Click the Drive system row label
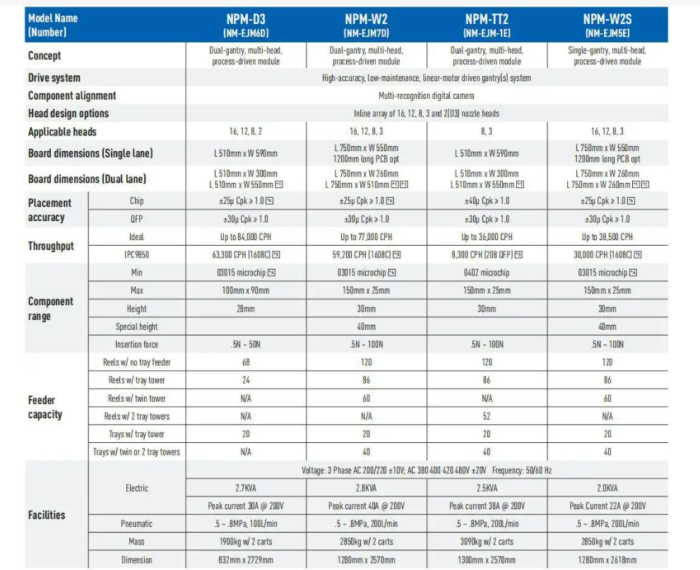[54, 78]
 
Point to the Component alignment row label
[72, 95]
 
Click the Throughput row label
[51, 246]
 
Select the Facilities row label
[47, 515]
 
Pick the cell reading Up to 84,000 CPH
[246, 237]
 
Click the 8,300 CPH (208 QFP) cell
[487, 255]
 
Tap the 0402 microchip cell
[487, 273]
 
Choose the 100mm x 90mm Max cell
[246, 290]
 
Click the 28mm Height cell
[246, 309]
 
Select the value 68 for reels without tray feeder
[246, 362]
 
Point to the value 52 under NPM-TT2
[487, 416]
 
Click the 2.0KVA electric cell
[607, 488]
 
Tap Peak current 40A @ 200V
[367, 506]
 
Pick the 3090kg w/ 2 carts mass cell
[487, 542]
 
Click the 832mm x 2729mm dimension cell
[246, 560]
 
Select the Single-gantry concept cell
[607, 55]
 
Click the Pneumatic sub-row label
[137, 524]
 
